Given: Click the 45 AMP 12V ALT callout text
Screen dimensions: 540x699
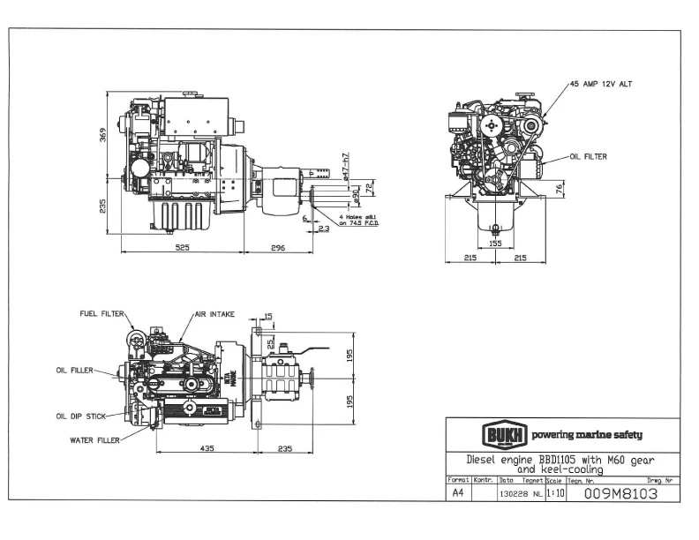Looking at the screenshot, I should pos(602,84).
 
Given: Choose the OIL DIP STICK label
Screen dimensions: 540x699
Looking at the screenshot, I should pos(79,416).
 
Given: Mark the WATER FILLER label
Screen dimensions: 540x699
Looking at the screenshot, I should pos(94,439).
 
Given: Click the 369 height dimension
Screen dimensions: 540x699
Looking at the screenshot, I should pos(102,134).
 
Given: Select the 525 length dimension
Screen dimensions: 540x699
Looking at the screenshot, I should pos(183,248).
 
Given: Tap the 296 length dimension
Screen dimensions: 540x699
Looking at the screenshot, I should pos(278,248).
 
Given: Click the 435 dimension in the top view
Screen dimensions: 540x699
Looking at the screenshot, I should pos(206,448).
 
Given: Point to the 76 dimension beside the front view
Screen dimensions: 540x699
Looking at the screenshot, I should pos(560,189).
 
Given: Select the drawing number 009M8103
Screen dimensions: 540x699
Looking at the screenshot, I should pos(620,494).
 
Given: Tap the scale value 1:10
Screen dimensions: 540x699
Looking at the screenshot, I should pos(555,494).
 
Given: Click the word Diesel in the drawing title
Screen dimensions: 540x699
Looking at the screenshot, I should pos(485,460).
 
